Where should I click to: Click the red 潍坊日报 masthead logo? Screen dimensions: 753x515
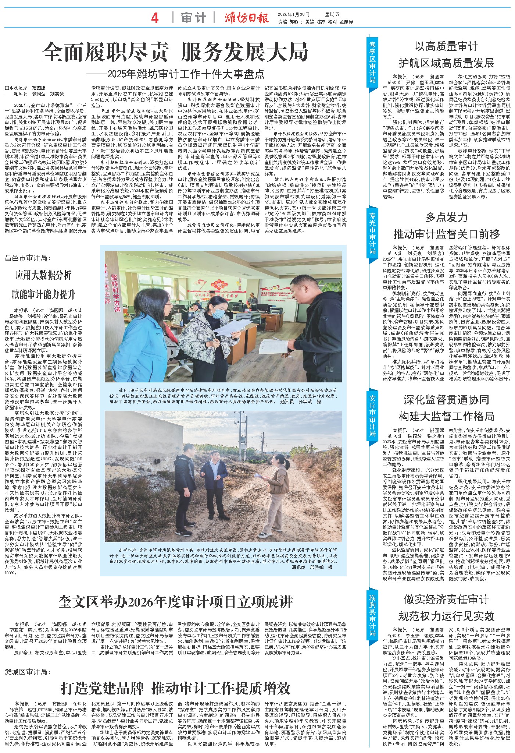(x=247, y=17)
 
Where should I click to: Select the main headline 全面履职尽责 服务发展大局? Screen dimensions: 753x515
(x=175, y=52)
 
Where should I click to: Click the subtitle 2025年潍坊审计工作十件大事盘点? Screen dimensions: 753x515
(x=186, y=74)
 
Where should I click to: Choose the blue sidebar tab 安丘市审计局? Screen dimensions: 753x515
(x=372, y=414)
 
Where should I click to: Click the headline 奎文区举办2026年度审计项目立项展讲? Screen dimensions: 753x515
(x=175, y=602)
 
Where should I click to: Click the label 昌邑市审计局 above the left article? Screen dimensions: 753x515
(x=28, y=258)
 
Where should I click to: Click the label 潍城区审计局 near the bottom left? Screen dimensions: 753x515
(x=28, y=672)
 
